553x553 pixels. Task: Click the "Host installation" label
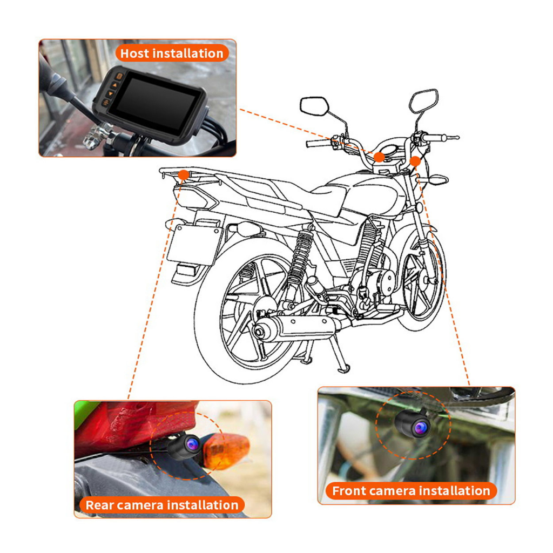(171, 53)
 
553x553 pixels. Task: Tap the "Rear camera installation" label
(162, 505)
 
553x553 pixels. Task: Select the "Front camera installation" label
(410, 491)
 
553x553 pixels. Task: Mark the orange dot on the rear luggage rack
(184, 174)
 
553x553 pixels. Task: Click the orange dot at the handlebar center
(380, 157)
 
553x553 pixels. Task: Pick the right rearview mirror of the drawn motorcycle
(423, 102)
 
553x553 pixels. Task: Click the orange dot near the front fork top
(415, 160)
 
